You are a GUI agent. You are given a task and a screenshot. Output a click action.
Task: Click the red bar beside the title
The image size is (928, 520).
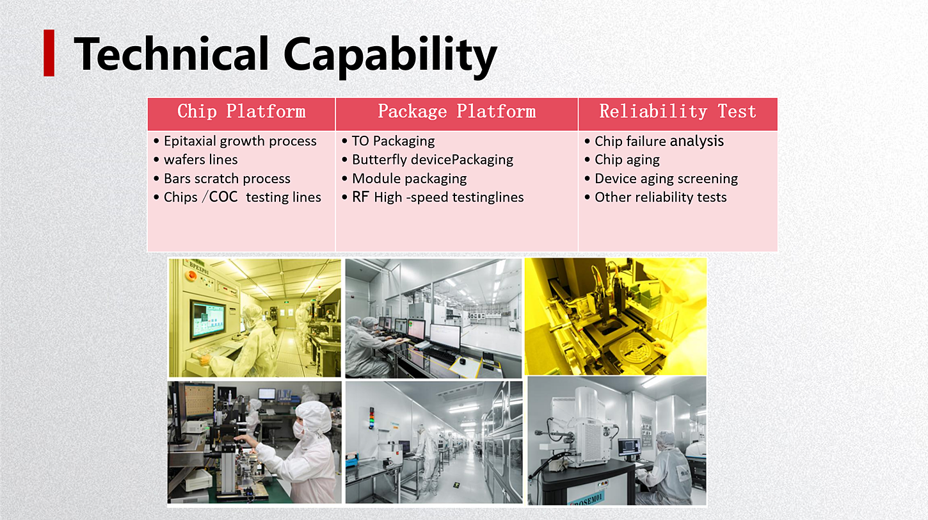click(49, 53)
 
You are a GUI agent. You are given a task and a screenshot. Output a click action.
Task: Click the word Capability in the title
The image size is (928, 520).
click(390, 55)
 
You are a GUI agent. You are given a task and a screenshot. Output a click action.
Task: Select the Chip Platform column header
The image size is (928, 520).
click(241, 111)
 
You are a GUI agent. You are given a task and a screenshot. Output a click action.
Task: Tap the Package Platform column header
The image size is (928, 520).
click(456, 111)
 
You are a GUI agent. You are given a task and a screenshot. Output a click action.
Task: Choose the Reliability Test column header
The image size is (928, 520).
click(678, 111)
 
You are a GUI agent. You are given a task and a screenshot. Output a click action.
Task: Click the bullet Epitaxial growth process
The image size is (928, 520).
click(235, 141)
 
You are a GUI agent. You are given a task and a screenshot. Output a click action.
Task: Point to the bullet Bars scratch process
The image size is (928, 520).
click(222, 178)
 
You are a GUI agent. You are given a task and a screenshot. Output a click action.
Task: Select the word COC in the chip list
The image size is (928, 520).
click(223, 197)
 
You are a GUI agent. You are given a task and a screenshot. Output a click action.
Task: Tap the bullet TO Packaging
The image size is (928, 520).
click(388, 141)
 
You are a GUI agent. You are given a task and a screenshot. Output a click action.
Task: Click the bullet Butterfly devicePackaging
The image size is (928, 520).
click(428, 159)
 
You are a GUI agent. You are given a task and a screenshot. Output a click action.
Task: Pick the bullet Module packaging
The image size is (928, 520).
click(404, 178)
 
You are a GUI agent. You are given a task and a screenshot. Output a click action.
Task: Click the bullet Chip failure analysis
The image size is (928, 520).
click(654, 141)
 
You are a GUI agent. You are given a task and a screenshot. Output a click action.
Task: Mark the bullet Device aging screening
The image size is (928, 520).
click(661, 178)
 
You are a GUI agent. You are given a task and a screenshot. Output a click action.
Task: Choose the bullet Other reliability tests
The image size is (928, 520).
click(655, 197)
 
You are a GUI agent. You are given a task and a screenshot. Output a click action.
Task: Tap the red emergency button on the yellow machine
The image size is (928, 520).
click(191, 275)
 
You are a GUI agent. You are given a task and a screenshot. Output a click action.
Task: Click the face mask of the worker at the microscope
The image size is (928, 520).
click(299, 430)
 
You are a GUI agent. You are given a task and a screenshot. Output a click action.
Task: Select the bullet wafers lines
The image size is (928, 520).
click(196, 159)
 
